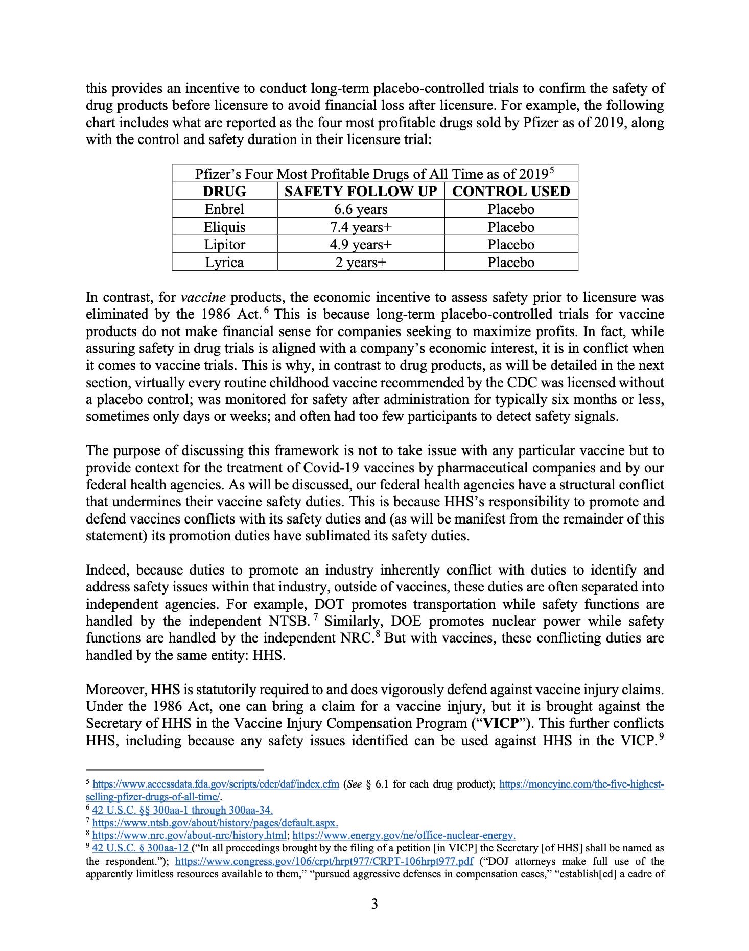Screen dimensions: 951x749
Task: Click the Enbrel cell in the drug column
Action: [224, 209]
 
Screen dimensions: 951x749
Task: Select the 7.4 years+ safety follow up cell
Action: [361, 227]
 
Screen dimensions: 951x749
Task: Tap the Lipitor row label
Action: [224, 245]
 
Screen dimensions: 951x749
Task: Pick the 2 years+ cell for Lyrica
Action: [361, 263]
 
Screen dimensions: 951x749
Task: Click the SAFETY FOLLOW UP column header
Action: [361, 192]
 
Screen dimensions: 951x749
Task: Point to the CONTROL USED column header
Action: [511, 192]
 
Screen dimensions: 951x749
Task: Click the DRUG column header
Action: [224, 192]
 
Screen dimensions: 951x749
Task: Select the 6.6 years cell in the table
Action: [361, 209]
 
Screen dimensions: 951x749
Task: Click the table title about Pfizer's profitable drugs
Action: [374, 174]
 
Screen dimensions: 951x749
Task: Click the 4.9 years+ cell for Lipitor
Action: [361, 245]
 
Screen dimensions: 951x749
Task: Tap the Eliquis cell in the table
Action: [224, 227]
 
